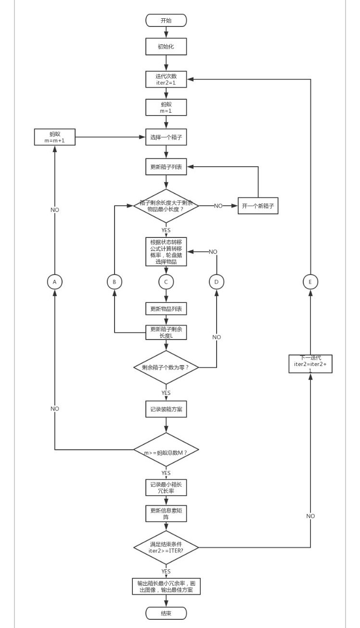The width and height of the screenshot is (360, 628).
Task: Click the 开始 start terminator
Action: [166, 20]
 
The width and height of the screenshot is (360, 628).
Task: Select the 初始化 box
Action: [166, 47]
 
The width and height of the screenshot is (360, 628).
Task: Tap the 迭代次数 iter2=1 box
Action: [166, 78]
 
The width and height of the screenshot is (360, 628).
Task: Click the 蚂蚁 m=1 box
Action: [166, 107]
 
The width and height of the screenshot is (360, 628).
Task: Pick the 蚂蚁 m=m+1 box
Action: [54, 137]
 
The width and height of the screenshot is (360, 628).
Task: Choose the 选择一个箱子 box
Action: [166, 137]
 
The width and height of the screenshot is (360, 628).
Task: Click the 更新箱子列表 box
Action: [166, 167]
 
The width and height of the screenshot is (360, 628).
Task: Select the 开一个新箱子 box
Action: [258, 206]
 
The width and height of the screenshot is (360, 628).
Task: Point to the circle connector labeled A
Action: [54, 282]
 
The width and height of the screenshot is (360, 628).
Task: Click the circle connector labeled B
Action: [114, 282]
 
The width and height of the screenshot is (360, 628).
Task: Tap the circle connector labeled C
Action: [166, 282]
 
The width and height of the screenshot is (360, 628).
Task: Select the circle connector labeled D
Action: [217, 282]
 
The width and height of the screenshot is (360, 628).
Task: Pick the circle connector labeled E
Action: [310, 282]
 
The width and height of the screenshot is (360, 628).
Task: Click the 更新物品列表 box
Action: [166, 309]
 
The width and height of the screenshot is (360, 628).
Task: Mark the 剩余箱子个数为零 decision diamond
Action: [166, 367]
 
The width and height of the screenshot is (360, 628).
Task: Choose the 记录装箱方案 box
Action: [166, 409]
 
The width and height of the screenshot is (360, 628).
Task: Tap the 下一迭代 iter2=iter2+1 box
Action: [310, 364]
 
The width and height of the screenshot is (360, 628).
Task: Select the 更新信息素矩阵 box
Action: [166, 514]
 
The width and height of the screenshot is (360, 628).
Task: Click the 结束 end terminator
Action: [166, 613]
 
